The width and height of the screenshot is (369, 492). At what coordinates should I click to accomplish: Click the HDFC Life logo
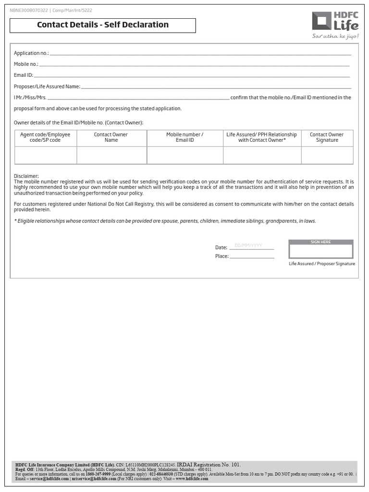pyautogui.click(x=335, y=22)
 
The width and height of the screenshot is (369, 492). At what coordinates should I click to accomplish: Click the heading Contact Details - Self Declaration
pyautogui.click(x=103, y=25)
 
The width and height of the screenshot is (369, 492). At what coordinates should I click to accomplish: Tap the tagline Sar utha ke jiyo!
pyautogui.click(x=335, y=37)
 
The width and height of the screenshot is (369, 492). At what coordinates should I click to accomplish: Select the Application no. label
pyautogui.click(x=31, y=53)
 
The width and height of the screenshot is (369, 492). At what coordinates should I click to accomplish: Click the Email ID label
pyautogui.click(x=24, y=75)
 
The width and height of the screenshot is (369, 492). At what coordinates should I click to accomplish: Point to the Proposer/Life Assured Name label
pyautogui.click(x=47, y=86)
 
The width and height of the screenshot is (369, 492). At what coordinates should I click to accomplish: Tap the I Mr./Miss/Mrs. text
pyautogui.click(x=30, y=98)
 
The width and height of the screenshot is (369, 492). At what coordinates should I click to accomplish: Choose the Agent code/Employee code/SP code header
pyautogui.click(x=45, y=137)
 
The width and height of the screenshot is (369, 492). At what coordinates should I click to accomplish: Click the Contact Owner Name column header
pyautogui.click(x=111, y=137)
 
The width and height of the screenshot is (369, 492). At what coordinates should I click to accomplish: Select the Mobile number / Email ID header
pyautogui.click(x=184, y=137)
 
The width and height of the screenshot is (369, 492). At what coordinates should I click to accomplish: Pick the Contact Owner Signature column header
pyautogui.click(x=327, y=137)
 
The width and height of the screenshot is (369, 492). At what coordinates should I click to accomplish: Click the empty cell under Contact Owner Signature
pyautogui.click(x=327, y=155)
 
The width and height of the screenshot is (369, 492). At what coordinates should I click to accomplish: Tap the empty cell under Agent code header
pyautogui.click(x=45, y=155)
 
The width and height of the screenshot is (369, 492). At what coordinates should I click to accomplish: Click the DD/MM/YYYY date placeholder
pyautogui.click(x=248, y=246)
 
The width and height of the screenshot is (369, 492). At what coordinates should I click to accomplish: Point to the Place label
pyautogui.click(x=221, y=256)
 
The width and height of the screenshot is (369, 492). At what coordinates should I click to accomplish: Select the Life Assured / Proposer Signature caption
pyautogui.click(x=322, y=264)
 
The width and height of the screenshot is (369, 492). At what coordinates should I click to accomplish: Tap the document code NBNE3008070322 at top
pyautogui.click(x=28, y=10)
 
